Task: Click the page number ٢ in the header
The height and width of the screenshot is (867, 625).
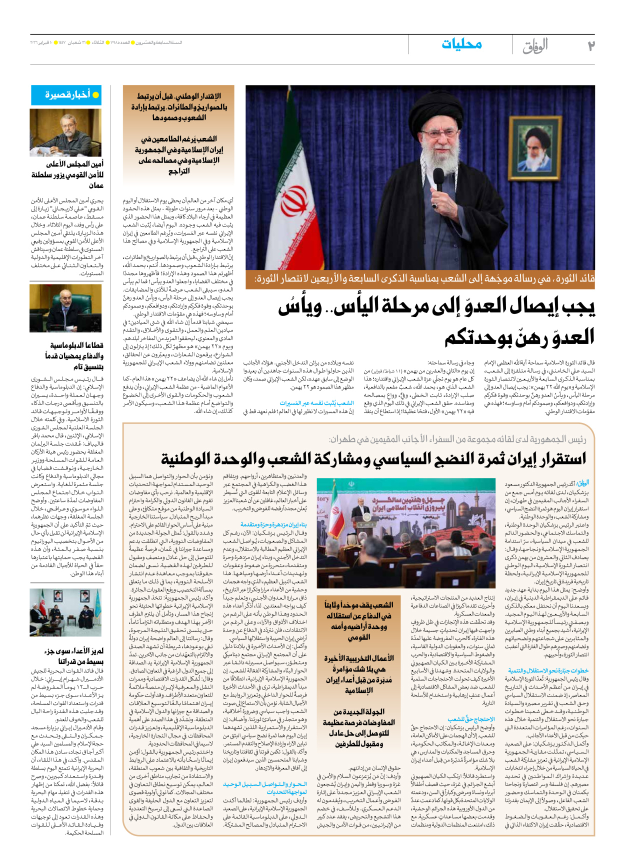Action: (x=591, y=45)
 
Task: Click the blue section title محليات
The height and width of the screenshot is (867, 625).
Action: (x=461, y=44)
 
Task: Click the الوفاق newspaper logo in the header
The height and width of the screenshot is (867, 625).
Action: (x=535, y=46)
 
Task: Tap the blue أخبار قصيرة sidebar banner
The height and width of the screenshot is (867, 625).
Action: (x=66, y=95)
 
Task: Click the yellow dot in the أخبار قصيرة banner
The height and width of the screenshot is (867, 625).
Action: (x=95, y=95)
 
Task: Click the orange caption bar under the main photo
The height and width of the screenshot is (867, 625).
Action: (x=420, y=279)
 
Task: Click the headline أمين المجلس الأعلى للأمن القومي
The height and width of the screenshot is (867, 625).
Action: (x=68, y=174)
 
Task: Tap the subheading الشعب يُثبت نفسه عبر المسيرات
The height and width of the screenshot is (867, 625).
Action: (x=316, y=402)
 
